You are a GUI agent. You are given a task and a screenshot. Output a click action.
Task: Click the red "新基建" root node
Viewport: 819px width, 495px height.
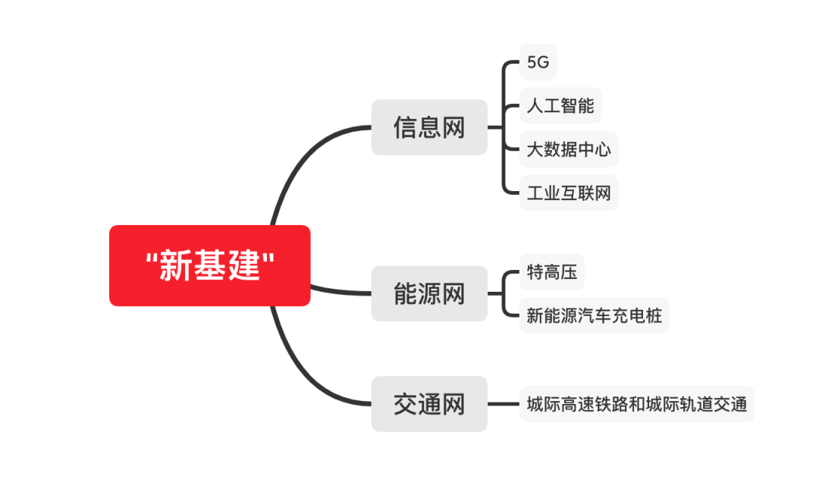209,265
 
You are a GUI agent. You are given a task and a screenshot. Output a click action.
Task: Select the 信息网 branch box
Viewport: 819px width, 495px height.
428,127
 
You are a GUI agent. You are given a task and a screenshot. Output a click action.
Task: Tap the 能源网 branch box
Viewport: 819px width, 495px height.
428,293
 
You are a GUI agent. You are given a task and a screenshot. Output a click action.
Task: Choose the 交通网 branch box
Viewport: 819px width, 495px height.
428,404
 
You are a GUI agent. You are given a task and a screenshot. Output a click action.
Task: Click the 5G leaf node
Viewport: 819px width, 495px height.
538,62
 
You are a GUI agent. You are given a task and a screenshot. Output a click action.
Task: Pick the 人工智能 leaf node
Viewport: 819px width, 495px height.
560,106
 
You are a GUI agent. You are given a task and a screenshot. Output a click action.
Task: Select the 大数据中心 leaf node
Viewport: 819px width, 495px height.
569,150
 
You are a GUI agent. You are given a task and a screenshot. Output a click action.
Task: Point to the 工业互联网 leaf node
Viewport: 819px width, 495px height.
569,193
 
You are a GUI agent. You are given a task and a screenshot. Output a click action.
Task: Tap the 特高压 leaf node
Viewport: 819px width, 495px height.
552,272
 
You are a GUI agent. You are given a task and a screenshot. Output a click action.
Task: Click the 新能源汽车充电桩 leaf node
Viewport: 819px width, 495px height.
594,315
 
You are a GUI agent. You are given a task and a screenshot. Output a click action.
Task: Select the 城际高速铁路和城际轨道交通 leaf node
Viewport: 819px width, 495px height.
637,404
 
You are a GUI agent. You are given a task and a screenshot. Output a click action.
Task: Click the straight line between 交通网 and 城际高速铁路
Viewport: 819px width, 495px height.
503,404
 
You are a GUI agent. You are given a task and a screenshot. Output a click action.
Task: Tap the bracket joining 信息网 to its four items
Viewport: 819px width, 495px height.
504,127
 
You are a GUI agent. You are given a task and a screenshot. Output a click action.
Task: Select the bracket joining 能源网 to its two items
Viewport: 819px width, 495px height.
504,293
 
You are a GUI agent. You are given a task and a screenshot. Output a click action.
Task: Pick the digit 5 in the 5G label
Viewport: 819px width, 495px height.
532,63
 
